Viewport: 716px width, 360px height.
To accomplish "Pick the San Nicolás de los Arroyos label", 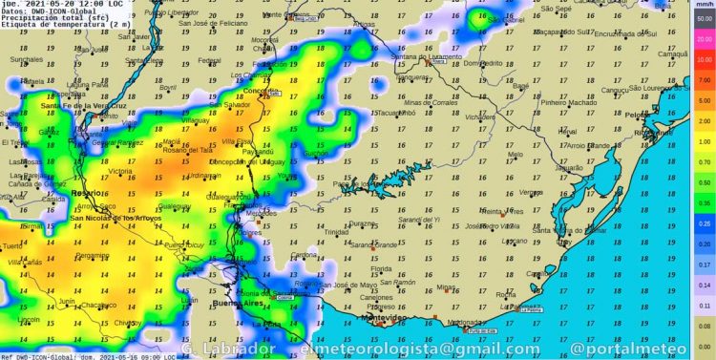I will point(116,219).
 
